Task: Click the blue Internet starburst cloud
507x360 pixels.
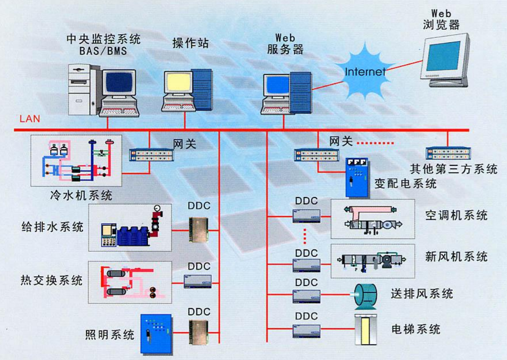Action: point(365,71)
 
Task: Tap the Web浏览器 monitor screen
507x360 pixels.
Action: point(443,56)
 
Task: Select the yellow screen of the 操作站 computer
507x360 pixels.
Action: point(178,81)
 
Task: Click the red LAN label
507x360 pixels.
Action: point(30,119)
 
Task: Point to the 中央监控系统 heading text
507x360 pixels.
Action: point(103,39)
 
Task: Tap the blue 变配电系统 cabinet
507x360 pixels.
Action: point(358,177)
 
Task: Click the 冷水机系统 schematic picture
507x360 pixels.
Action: point(76,160)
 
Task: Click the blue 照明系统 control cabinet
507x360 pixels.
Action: point(155,334)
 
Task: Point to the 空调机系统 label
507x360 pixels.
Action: point(456,215)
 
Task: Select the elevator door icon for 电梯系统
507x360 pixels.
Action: point(366,329)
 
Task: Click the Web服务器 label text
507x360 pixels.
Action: point(286,44)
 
